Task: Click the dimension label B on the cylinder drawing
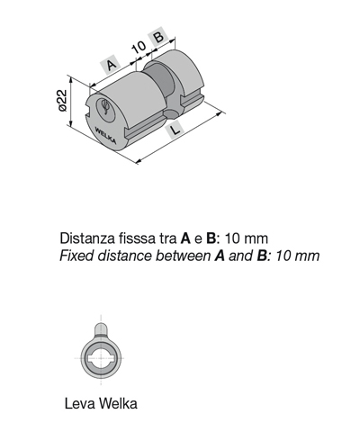pyautogui.click(x=158, y=36)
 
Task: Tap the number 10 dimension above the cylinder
pyautogui.click(x=139, y=47)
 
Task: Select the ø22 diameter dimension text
pyautogui.click(x=62, y=100)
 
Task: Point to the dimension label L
pyautogui.click(x=175, y=130)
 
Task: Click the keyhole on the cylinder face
pyautogui.click(x=105, y=107)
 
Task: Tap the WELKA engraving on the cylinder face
pyautogui.click(x=105, y=135)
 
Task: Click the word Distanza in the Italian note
pyautogui.click(x=87, y=238)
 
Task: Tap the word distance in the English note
pyautogui.click(x=125, y=256)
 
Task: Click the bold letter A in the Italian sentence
pyautogui.click(x=185, y=238)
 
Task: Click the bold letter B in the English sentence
pyautogui.click(x=262, y=256)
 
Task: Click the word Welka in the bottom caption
pyautogui.click(x=118, y=403)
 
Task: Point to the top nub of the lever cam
pyautogui.click(x=101, y=328)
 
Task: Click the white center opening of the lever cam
pyautogui.click(x=101, y=358)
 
